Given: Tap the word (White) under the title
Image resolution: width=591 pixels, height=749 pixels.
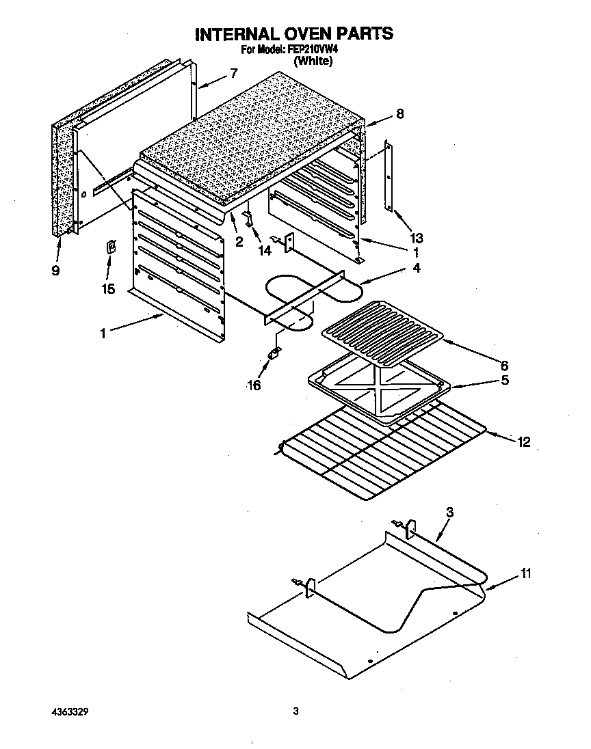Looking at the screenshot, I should click(313, 62).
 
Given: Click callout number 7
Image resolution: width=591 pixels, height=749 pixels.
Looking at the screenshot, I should click(235, 73).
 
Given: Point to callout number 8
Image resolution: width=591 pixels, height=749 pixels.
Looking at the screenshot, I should click(399, 115).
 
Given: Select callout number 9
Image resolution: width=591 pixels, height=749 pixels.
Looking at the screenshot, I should click(55, 271).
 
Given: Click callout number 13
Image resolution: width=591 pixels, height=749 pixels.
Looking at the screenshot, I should click(416, 238).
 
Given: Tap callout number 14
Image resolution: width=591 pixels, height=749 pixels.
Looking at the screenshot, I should click(264, 250).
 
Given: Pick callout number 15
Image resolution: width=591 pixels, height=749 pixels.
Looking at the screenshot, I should click(107, 289).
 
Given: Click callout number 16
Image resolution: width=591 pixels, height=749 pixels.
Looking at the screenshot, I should click(254, 385).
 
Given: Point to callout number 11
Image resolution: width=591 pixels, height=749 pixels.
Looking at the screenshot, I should click(525, 573).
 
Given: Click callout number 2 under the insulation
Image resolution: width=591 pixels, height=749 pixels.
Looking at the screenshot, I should click(239, 241).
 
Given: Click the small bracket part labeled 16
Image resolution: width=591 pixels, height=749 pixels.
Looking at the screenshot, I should click(275, 353).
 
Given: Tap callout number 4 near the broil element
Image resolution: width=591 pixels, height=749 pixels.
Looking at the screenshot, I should click(417, 269).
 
